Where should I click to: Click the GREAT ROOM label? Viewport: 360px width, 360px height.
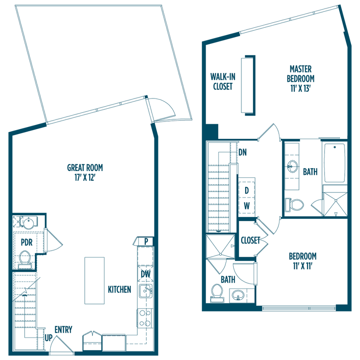point(85,168)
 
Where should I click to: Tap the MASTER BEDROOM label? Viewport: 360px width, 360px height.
point(300,74)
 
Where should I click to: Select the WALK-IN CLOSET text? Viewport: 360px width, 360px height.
point(222,81)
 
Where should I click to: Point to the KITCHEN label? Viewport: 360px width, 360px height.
point(119,290)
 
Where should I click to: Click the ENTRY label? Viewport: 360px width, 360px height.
point(63,329)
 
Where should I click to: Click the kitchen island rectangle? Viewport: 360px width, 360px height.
point(94,280)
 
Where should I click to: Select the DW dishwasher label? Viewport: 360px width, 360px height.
point(145,274)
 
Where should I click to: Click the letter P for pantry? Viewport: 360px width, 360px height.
point(146,241)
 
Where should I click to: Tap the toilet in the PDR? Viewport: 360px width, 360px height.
point(24,258)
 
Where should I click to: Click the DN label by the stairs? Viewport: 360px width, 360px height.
point(242,152)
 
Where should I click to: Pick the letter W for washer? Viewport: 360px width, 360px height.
point(247,206)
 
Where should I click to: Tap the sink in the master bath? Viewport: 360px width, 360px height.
point(293,165)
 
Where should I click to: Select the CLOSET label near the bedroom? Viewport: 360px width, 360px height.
point(250,241)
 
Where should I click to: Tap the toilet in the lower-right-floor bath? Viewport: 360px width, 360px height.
point(217,292)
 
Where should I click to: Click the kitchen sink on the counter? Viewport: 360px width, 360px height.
point(146,292)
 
